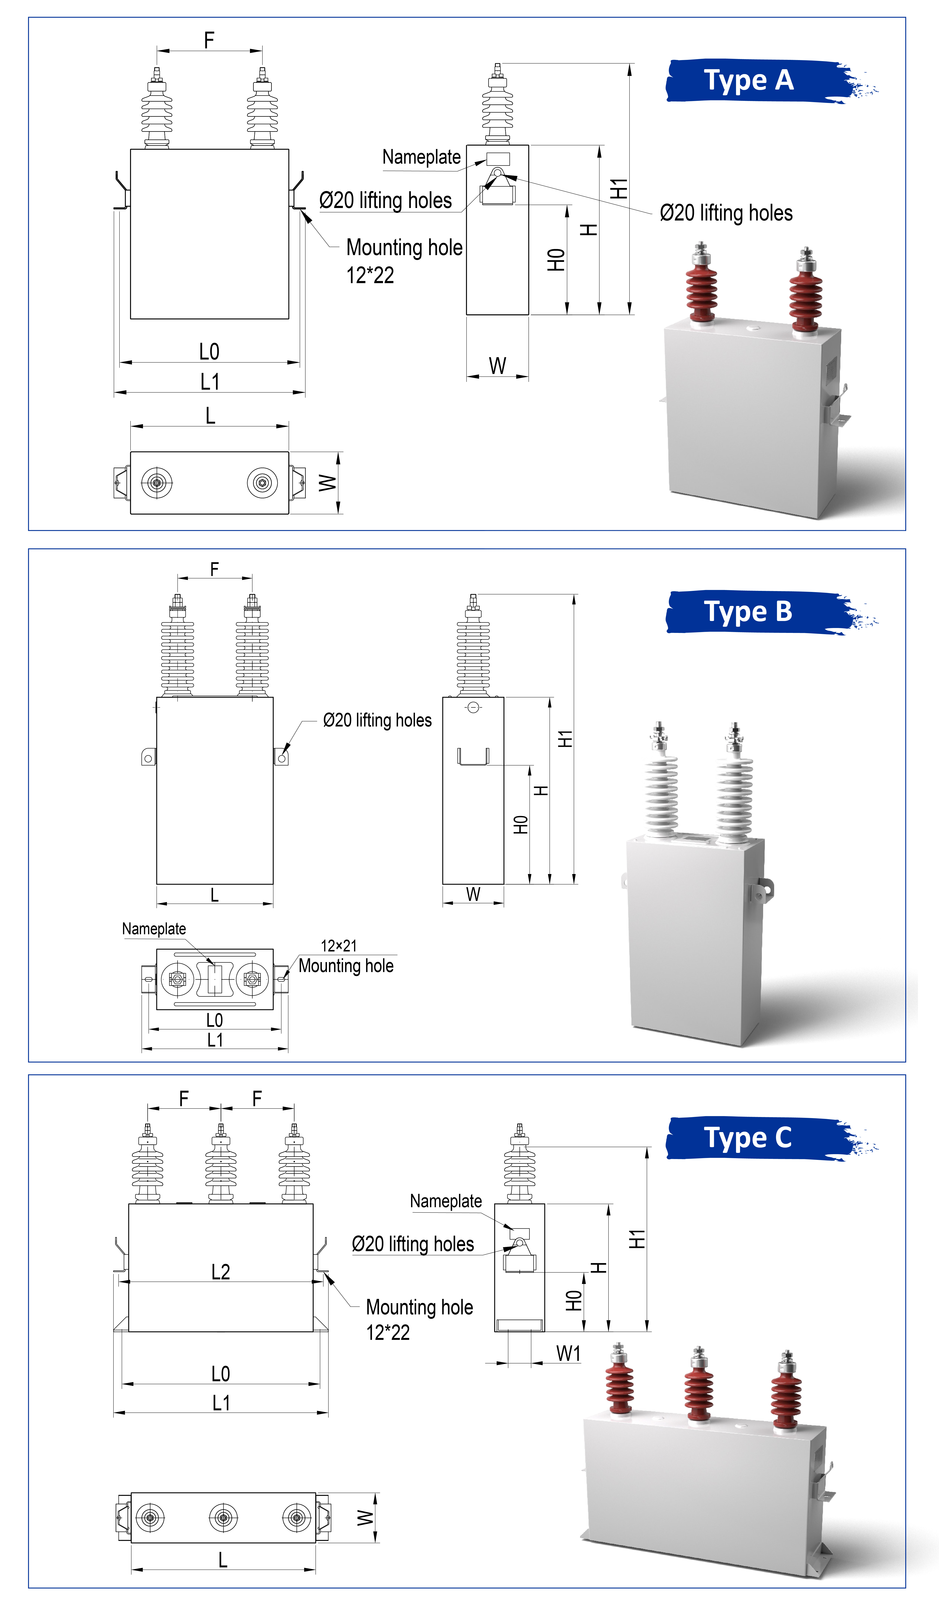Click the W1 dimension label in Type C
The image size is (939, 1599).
[x=569, y=1353]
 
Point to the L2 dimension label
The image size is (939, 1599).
[x=221, y=1272]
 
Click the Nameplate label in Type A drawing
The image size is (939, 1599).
[x=421, y=157]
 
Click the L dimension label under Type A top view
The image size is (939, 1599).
[x=211, y=416]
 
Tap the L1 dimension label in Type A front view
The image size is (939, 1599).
[x=210, y=382]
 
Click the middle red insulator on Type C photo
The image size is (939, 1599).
[x=699, y=1386]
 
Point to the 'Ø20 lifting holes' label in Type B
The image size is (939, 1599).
[x=377, y=720]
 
